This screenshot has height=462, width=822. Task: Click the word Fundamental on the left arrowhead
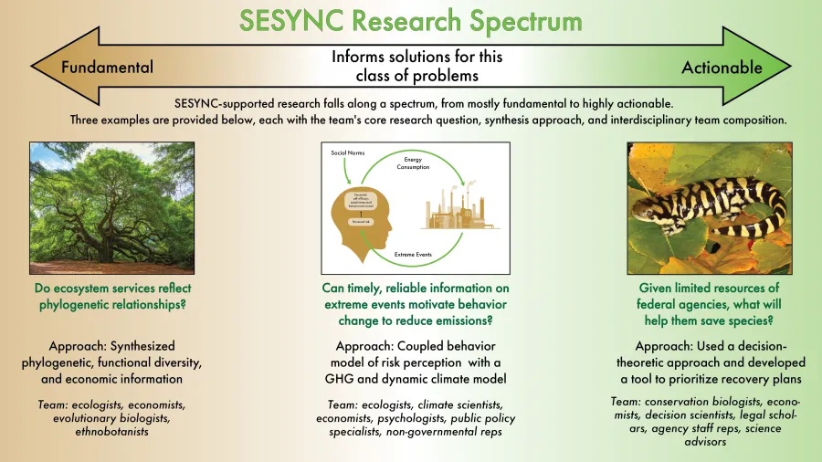click(107, 68)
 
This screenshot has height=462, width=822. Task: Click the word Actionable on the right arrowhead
click(721, 68)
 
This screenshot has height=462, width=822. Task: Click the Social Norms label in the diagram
click(343, 152)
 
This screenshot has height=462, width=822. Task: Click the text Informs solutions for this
click(416, 57)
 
